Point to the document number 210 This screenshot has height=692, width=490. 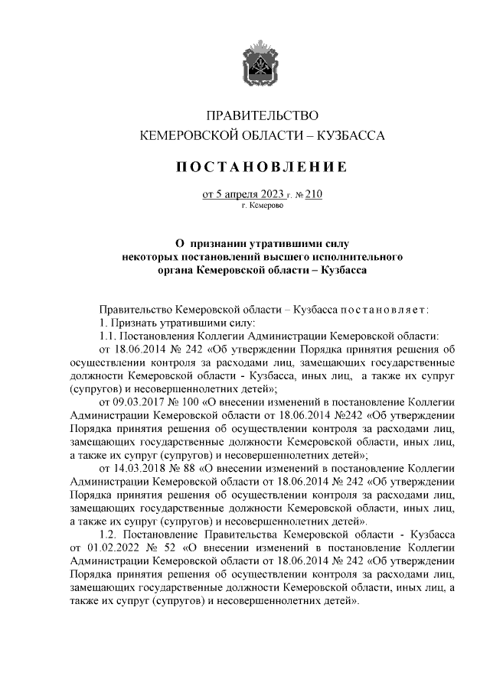tap(314, 194)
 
